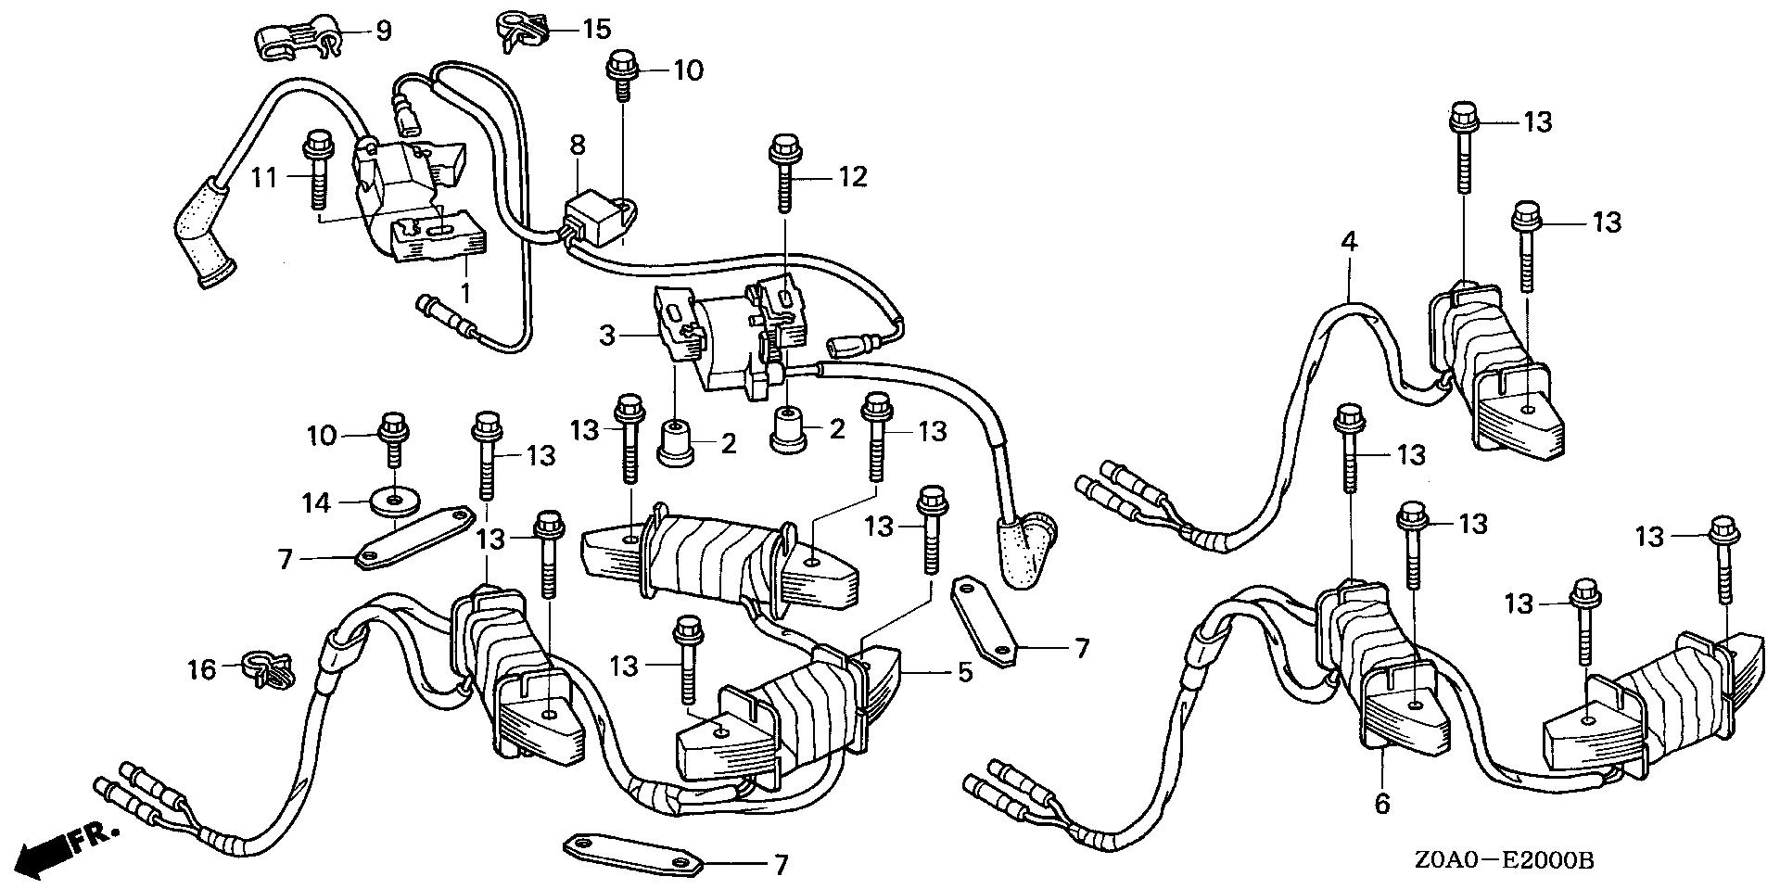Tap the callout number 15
pos(597,29)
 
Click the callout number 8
pos(578,146)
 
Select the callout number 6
pos(1382,802)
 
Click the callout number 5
pos(965,671)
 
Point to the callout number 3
pos(607,335)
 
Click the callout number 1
pos(466,293)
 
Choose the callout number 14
pos(316,503)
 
